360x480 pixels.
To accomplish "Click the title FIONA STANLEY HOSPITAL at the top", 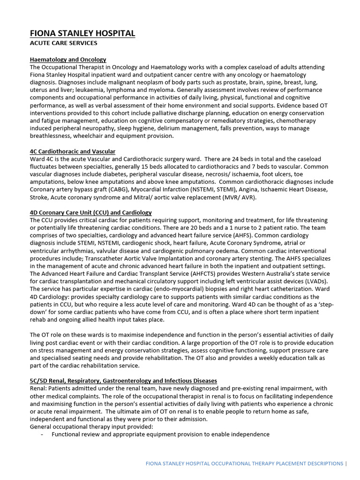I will (x=82, y=33).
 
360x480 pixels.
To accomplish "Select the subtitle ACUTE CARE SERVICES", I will (x=64, y=43).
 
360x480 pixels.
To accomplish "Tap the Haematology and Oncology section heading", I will (x=68, y=60).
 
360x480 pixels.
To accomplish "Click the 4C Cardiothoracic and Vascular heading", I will (x=73, y=151).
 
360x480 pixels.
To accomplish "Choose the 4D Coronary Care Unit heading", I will (x=90, y=212).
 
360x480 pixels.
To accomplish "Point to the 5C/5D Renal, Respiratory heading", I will (x=123, y=381).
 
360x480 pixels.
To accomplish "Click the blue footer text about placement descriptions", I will (x=244, y=464).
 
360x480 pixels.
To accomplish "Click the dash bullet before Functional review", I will (x=42, y=434).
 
